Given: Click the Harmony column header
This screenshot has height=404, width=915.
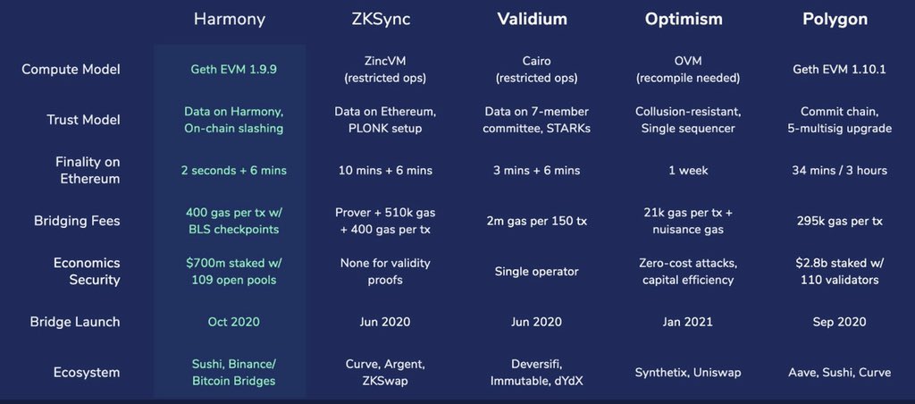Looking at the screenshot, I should pos(229,19).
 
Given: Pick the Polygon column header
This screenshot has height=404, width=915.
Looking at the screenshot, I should pos(839,19).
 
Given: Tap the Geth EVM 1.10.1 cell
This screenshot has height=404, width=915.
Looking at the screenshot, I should pos(839,69).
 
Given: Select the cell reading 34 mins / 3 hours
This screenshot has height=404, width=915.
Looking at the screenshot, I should pos(839,170).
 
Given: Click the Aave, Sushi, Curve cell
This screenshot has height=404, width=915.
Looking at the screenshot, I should pos(839,373).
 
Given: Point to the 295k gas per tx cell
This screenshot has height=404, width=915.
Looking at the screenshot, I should pos(839,220).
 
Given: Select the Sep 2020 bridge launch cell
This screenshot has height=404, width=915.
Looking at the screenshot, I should pos(839,322).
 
